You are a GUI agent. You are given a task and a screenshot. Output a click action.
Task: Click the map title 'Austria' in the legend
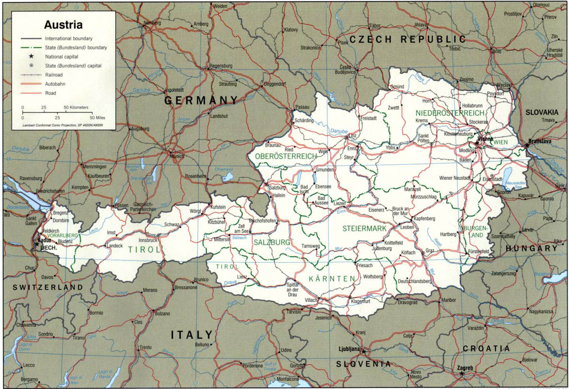(x=63, y=24)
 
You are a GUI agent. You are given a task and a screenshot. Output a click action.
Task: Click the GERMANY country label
(x=201, y=101)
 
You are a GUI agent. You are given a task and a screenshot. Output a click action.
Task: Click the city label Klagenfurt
(x=360, y=301)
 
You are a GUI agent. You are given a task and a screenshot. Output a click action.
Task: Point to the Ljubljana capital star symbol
(x=364, y=352)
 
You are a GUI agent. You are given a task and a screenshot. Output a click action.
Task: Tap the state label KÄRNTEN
(x=331, y=278)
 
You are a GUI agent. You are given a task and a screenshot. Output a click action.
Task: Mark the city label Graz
(x=430, y=250)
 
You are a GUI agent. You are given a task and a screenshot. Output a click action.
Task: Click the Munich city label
(x=177, y=156)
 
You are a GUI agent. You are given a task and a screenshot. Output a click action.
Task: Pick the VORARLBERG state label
(x=60, y=235)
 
